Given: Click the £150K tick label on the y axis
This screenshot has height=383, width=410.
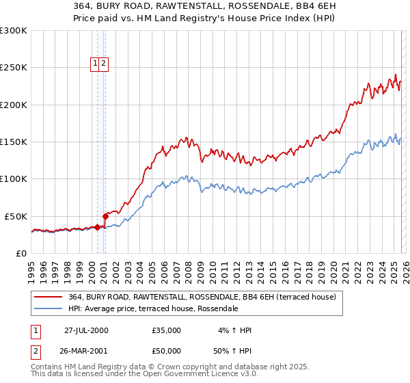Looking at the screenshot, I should (13, 142).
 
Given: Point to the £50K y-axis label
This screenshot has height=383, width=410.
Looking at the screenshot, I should (16, 216).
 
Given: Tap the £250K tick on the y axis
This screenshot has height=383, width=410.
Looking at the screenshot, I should (13, 68).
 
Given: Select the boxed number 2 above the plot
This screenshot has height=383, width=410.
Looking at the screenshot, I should (103, 64).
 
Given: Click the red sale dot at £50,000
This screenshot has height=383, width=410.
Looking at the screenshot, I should (105, 216).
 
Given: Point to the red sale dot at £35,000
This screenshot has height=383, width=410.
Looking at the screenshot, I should (98, 227).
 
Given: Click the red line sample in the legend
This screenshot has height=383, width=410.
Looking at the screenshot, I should (48, 298).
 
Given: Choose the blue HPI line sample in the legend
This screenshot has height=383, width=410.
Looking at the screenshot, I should (48, 309).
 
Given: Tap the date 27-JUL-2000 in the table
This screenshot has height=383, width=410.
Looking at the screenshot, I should (86, 330).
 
